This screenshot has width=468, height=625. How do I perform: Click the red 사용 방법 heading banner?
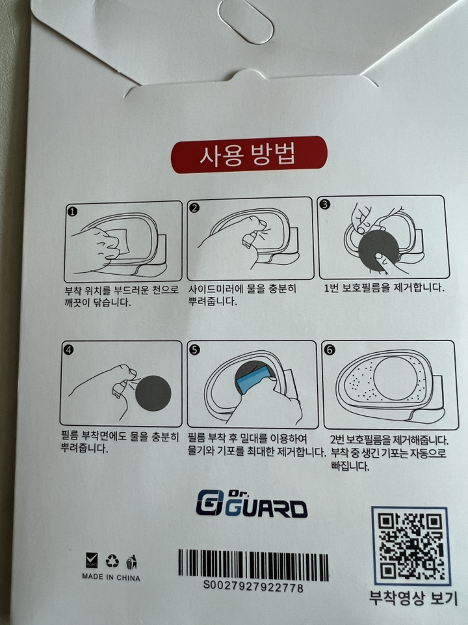(x=248, y=155)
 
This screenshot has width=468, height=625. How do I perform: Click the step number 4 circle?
(x=70, y=350)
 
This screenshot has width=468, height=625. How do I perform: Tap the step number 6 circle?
(x=330, y=350)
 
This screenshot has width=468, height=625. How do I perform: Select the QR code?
(x=409, y=546)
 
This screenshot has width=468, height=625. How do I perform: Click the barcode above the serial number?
(x=253, y=564)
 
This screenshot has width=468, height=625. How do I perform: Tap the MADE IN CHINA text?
(x=110, y=577)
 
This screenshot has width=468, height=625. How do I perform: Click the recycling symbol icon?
(x=112, y=561)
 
